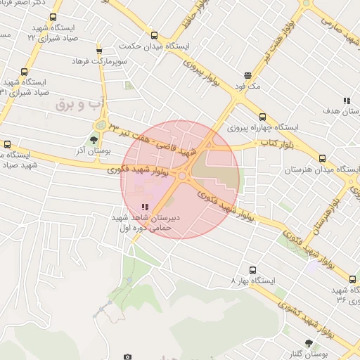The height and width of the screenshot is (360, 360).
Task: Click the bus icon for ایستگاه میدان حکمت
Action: [154, 35]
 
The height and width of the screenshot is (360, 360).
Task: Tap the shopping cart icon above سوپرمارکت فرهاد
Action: [99, 51]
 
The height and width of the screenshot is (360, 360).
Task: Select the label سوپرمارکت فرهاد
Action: [99, 62]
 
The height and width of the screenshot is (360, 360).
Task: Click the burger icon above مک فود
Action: [247, 75]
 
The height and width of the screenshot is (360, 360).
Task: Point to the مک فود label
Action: [247, 86]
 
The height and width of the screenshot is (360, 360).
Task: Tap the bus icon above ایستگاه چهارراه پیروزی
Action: [263, 117]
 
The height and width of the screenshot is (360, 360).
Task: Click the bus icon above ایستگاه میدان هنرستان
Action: [322, 159]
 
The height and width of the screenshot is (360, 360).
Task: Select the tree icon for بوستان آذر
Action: [94, 140]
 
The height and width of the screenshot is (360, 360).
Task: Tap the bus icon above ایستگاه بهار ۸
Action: [253, 269]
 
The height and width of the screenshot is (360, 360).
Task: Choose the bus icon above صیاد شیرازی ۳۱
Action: [25, 72]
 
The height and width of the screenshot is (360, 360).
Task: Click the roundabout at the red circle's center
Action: [182, 175]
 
